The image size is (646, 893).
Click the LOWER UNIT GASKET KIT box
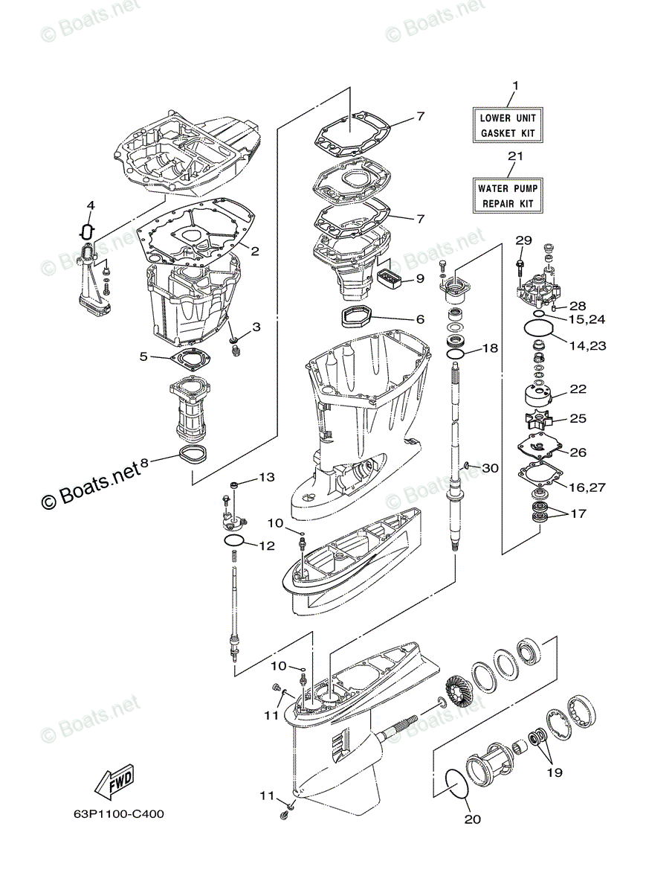click(x=507, y=126)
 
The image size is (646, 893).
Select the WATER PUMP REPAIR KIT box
click(x=507, y=196)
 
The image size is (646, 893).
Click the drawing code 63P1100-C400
click(x=109, y=813)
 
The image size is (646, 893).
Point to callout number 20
click(x=473, y=819)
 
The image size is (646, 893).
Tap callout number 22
click(x=578, y=389)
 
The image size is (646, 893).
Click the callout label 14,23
click(x=587, y=345)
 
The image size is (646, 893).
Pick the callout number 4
click(x=90, y=205)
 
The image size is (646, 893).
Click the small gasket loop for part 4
click(x=86, y=231)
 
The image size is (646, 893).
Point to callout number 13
click(x=266, y=476)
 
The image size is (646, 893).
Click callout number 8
click(x=144, y=463)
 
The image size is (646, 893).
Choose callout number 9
click(x=419, y=279)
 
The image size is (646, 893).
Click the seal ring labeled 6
click(x=358, y=318)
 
